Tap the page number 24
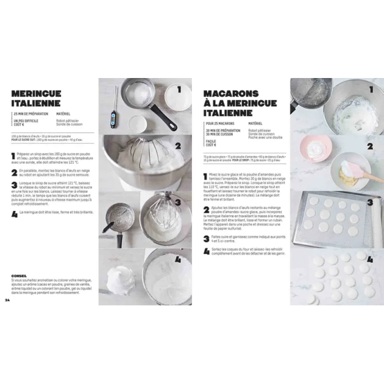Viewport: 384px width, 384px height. (x=7, y=299)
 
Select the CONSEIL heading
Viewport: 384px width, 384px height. (x=20, y=275)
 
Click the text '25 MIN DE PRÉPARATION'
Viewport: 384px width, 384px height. (x=30, y=114)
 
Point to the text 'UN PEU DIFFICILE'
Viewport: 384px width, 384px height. (x=25, y=121)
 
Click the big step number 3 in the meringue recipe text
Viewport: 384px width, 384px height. (x=14, y=183)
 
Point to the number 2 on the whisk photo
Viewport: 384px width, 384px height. (x=178, y=146)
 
